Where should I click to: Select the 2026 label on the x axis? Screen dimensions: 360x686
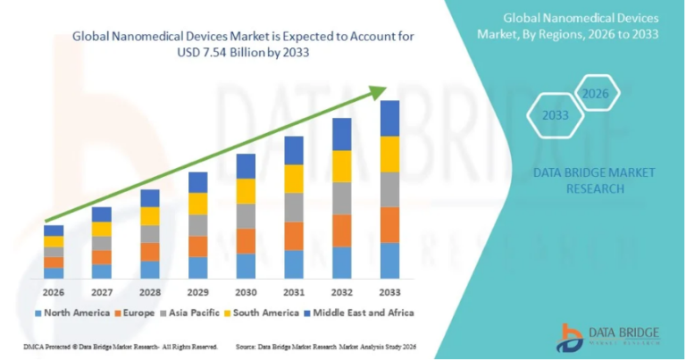(54, 292)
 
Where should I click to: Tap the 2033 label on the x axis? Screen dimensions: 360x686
(389, 292)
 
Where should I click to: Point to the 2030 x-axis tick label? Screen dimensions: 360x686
(246, 292)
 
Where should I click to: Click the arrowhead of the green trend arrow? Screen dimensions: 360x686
(379, 91)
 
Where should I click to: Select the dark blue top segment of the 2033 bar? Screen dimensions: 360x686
(389, 118)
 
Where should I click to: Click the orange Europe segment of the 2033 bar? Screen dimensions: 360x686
(389, 225)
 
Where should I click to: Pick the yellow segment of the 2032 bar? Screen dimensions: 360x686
(342, 166)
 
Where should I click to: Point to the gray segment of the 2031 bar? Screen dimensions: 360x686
(294, 207)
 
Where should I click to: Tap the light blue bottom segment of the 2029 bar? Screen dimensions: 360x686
(197, 268)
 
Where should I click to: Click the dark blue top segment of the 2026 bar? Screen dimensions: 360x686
(54, 230)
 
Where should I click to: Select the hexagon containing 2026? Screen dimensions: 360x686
(595, 93)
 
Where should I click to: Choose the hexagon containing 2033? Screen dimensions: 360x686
(555, 115)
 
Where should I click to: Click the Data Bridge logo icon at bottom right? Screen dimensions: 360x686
(569, 337)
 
